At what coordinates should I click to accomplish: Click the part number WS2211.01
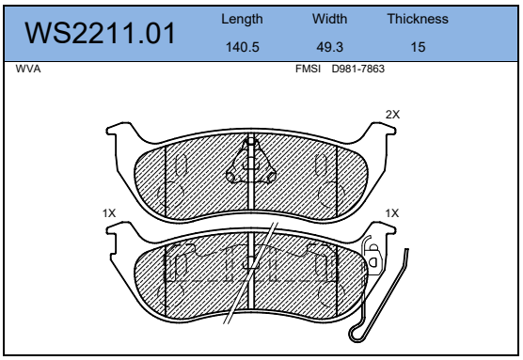[100, 33]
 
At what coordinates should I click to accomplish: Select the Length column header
[242, 20]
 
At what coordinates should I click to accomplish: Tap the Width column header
[329, 19]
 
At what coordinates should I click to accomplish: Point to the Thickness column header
[418, 19]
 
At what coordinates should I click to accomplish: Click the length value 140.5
[242, 47]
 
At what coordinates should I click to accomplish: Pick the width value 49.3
[329, 47]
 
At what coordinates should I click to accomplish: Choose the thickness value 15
[418, 47]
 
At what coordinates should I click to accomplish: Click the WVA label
[28, 69]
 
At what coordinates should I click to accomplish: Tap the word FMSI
[308, 69]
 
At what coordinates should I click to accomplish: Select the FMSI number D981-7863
[357, 69]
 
